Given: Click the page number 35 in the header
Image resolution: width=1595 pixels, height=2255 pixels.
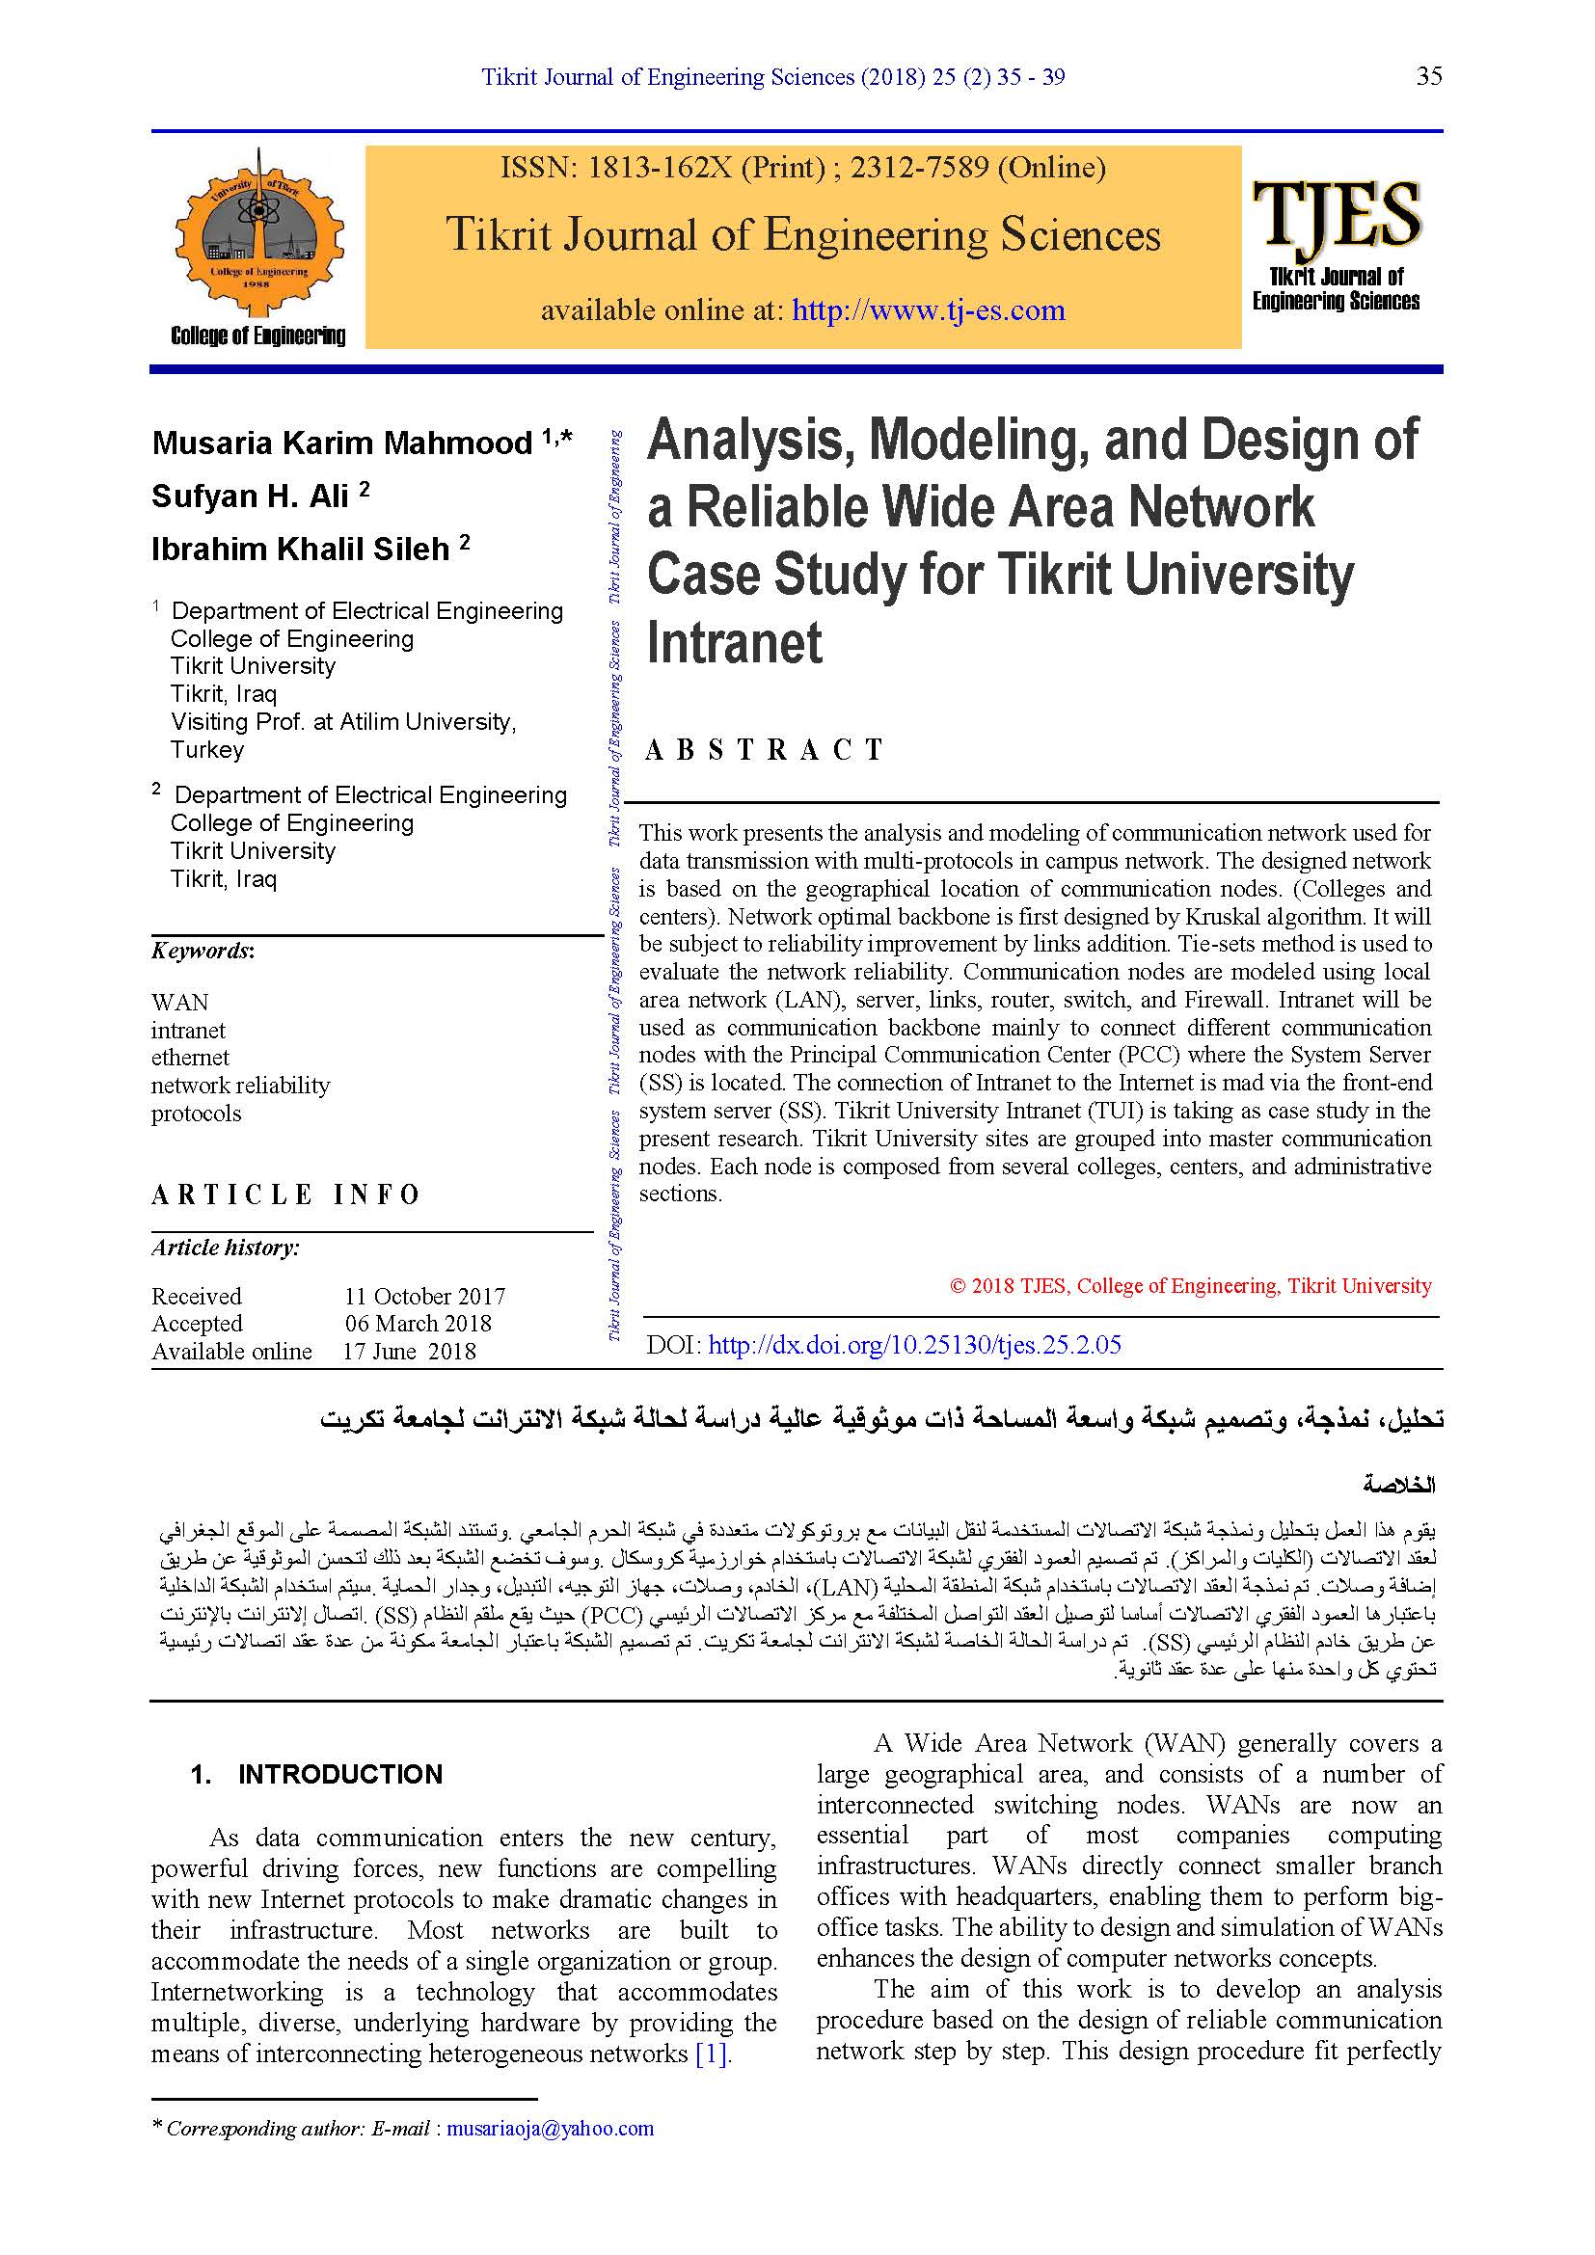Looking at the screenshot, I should [x=1429, y=76].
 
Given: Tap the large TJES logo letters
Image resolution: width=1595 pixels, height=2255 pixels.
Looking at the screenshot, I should [x=1336, y=213].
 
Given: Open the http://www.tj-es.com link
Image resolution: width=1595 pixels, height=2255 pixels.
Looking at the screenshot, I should [x=928, y=310].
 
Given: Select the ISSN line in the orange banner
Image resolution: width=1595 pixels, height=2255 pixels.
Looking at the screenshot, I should [x=802, y=168].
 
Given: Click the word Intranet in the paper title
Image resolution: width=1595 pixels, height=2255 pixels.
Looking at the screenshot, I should [x=735, y=643].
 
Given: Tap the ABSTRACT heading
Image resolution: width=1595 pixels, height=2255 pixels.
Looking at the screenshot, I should [x=764, y=750].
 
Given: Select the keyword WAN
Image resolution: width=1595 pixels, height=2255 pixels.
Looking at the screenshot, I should [x=179, y=1002].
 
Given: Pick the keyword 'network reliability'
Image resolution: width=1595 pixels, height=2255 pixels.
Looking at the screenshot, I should [x=241, y=1086].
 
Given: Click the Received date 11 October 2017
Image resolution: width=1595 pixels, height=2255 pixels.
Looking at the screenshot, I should [x=424, y=1297].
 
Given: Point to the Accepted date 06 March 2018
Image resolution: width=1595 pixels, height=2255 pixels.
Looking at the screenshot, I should [x=419, y=1324].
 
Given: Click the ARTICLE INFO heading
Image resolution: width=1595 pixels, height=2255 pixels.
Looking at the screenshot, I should [x=285, y=1195].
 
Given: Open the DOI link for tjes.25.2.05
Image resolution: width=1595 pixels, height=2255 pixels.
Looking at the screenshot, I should [x=914, y=1345].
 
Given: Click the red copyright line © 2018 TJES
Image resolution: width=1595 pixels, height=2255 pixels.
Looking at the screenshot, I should [x=1190, y=1286].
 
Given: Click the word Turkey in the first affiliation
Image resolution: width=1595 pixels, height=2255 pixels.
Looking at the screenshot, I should [x=207, y=750].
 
